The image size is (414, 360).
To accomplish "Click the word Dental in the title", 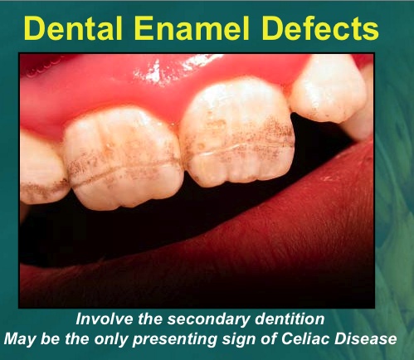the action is click(73, 28).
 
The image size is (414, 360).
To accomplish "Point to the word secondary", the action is click(209, 320).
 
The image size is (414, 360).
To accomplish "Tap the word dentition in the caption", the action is click(290, 319).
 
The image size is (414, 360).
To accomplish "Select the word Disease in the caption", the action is click(365, 338).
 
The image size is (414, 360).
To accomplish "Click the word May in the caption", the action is click(19, 339).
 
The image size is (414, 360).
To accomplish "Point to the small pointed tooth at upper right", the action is click(329, 89).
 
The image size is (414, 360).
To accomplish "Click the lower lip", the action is click(222, 249).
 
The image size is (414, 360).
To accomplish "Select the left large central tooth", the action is click(123, 158).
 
